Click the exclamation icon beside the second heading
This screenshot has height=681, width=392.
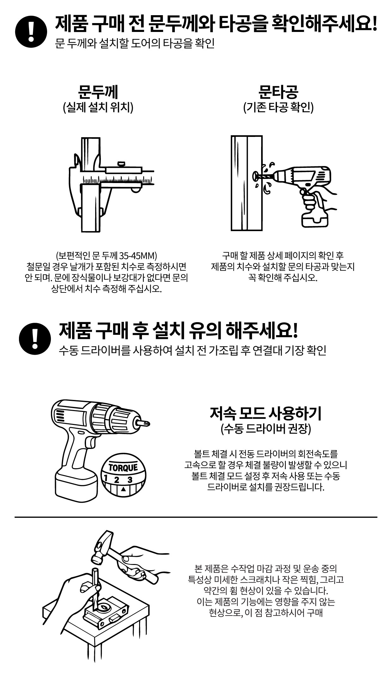[35, 339]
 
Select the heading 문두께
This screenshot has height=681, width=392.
[98, 92]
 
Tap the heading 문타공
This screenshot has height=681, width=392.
[278, 92]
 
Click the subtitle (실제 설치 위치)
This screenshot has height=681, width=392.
[98, 108]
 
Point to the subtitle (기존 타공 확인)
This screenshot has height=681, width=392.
[278, 108]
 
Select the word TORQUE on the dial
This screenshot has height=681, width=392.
[123, 467]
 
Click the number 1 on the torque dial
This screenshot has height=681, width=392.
[107, 477]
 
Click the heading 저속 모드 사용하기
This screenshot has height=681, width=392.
[266, 413]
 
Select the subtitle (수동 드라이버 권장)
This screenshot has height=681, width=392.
[266, 429]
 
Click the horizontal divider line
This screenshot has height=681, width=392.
[196, 517]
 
